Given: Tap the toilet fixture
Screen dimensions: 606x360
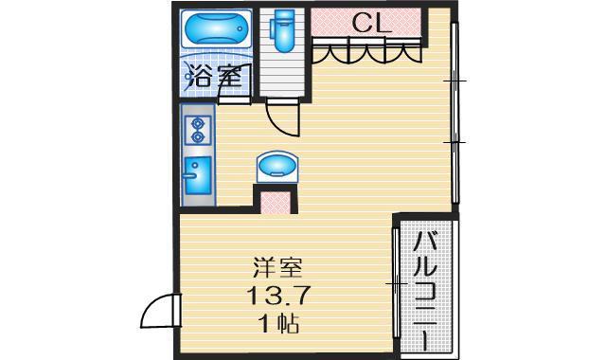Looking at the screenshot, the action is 283,30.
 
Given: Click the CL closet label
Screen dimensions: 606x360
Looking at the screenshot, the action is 371,23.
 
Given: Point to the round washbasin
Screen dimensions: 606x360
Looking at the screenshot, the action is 277,167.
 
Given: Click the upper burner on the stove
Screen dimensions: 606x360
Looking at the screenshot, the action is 198,124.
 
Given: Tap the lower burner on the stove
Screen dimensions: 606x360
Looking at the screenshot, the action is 198,136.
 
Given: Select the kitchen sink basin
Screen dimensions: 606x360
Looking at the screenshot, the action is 198,175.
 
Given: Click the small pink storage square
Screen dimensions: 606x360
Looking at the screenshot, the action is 276,203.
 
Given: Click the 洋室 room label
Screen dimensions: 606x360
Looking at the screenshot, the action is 277,267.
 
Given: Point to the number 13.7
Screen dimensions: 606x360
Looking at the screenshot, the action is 277,296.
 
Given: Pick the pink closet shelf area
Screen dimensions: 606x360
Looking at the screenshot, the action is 365,23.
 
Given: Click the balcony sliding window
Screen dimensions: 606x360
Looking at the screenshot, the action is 395,283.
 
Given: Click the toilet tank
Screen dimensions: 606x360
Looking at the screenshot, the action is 283,15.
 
